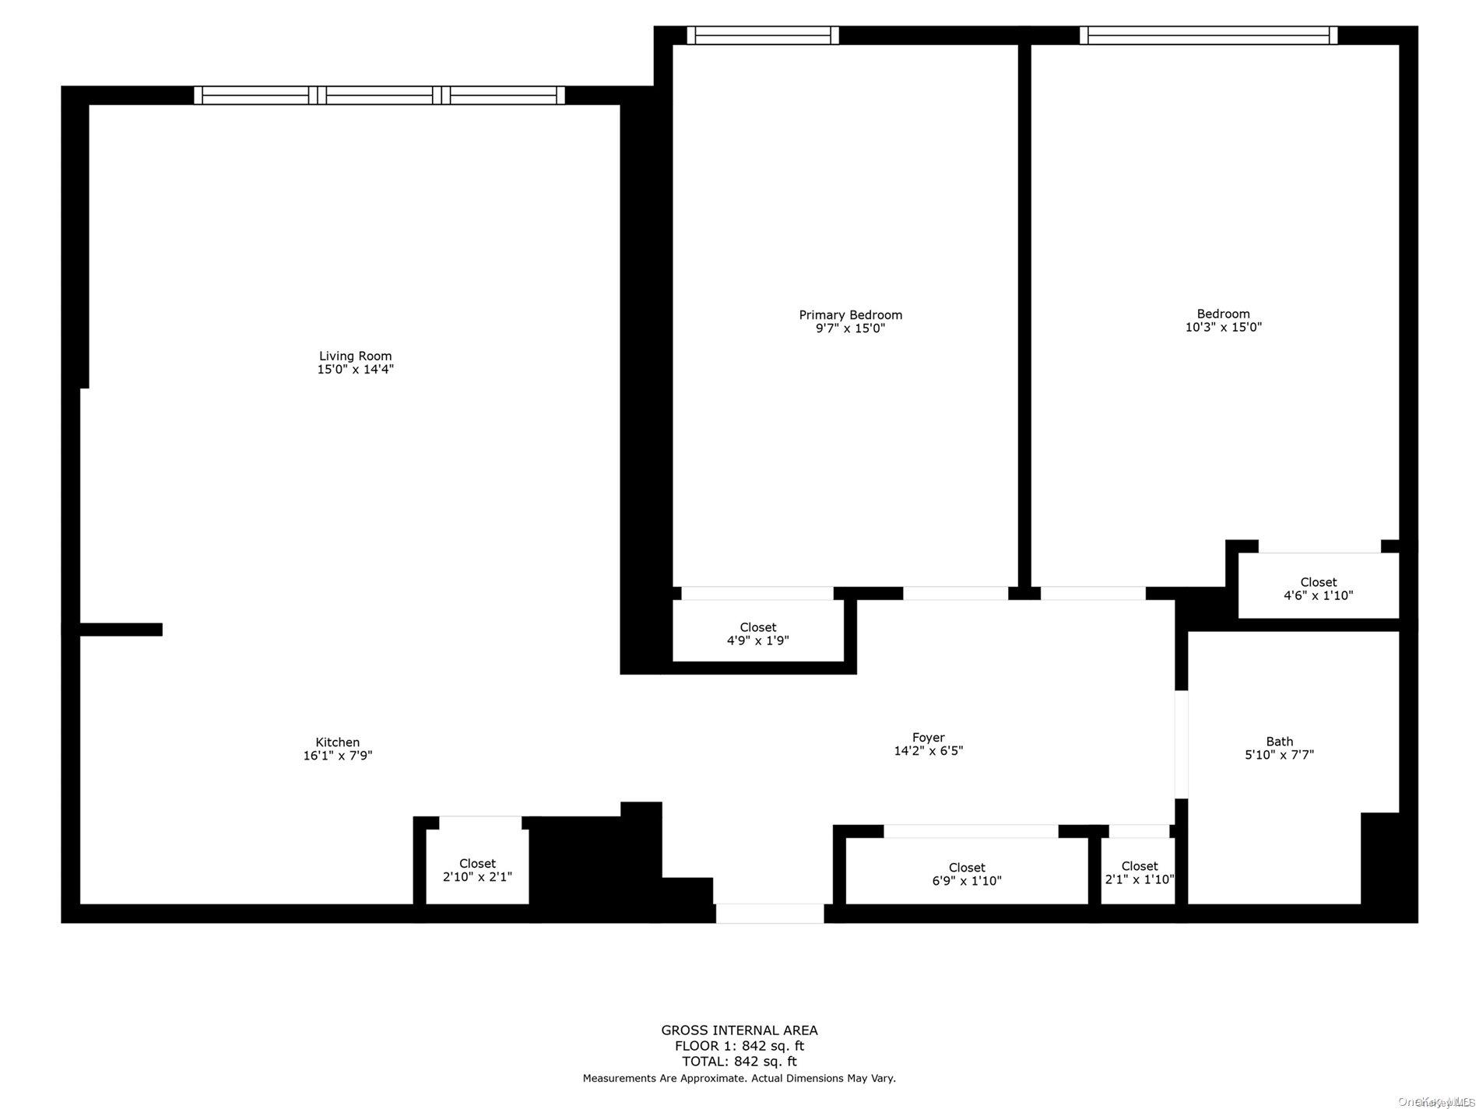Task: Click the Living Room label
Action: point(355,356)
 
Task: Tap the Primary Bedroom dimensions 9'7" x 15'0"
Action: point(850,328)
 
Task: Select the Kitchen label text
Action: point(337,742)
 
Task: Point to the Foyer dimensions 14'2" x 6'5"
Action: point(929,751)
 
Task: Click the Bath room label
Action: point(1279,742)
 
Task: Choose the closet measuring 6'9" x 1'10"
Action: point(967,871)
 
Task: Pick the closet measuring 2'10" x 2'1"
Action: point(477,867)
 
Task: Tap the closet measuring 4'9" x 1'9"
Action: point(758,631)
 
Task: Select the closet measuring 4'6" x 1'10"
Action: point(1318,586)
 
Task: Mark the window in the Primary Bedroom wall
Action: point(763,35)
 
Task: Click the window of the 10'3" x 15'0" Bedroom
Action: point(1208,35)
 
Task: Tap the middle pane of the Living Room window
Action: point(380,95)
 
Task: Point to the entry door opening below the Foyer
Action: point(770,914)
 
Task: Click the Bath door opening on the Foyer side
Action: point(1181,745)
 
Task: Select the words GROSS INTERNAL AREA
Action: point(739,1030)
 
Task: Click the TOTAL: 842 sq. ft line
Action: point(739,1062)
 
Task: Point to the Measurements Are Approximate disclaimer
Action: point(739,1079)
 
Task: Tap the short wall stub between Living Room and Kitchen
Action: point(121,630)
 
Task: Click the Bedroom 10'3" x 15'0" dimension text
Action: point(1223,328)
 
